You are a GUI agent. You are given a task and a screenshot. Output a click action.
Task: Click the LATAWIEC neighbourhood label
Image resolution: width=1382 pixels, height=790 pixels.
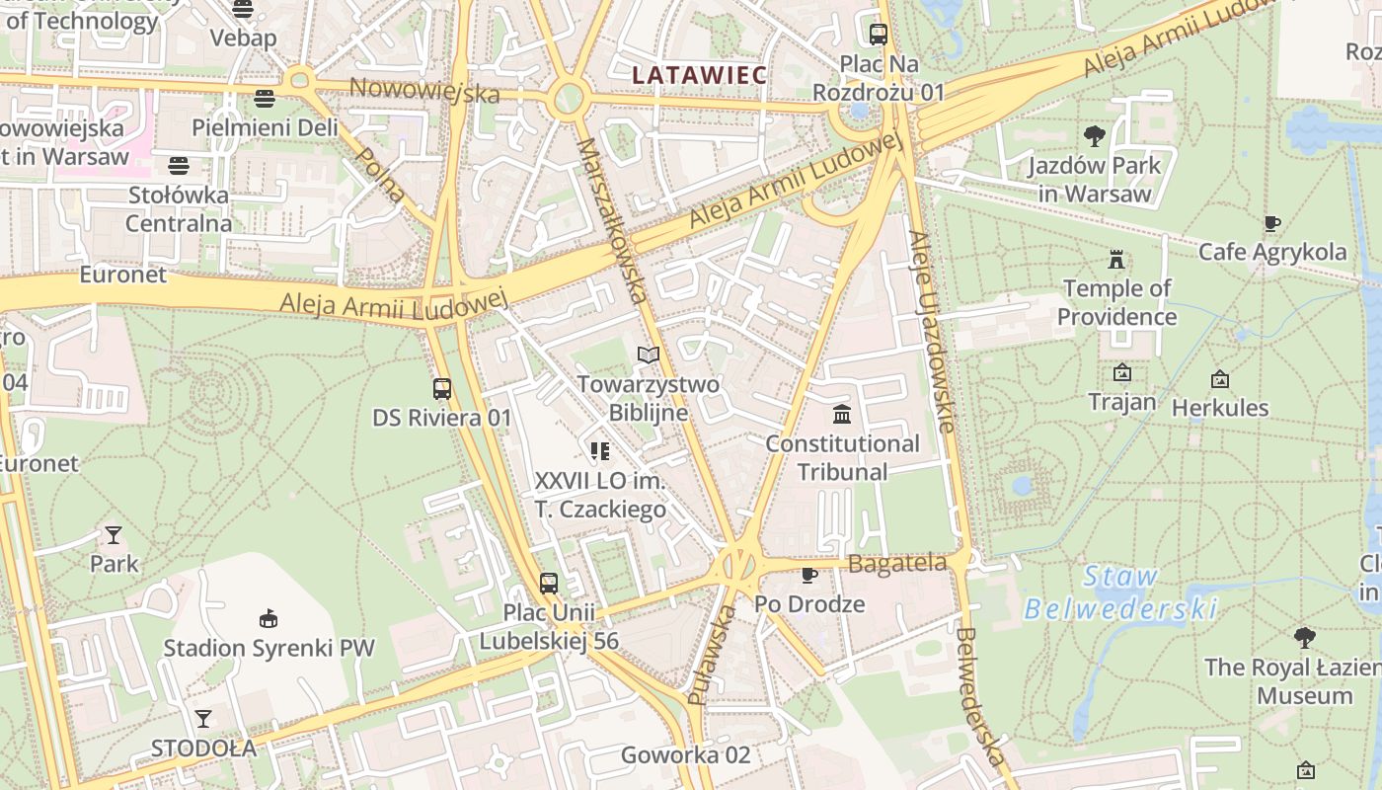(699, 75)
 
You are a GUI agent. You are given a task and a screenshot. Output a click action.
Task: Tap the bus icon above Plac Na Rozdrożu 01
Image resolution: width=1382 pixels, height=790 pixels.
(878, 35)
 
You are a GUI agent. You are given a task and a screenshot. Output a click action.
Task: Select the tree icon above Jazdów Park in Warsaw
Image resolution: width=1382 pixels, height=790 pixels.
(1094, 136)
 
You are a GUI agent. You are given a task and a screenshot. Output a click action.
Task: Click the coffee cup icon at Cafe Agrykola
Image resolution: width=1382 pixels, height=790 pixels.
(1271, 224)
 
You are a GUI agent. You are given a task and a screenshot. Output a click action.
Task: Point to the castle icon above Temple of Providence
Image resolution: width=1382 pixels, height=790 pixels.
(1116, 260)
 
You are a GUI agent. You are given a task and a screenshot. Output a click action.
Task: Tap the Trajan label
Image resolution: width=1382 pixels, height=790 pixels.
(1121, 402)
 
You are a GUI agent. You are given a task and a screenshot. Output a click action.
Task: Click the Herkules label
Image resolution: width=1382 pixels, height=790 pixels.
(1220, 407)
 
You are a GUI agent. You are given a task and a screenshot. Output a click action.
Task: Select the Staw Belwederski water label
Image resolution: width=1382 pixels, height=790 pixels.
(1120, 592)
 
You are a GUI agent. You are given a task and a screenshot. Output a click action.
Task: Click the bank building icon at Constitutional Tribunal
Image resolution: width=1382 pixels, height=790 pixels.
(841, 414)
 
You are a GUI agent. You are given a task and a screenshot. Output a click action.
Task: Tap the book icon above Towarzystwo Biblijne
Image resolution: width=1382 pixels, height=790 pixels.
(648, 355)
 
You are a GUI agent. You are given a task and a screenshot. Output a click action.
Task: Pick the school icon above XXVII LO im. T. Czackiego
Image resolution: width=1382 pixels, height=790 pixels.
(599, 451)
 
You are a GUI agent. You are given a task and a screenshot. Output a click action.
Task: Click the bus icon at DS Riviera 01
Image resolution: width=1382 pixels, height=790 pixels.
(442, 389)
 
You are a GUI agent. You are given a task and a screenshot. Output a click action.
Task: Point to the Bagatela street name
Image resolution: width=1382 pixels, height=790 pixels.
(897, 564)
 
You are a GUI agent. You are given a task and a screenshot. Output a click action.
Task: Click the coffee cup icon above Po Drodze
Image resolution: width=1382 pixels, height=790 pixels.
(809, 575)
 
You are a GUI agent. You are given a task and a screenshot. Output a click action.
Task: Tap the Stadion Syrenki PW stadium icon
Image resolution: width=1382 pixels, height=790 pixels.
(268, 619)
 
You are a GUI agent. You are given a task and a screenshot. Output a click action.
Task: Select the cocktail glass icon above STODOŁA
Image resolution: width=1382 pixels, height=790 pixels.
(203, 718)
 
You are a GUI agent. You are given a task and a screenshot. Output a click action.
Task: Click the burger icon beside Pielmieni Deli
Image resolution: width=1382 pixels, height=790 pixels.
(264, 99)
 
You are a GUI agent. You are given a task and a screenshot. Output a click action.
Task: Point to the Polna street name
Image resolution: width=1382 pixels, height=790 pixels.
(380, 175)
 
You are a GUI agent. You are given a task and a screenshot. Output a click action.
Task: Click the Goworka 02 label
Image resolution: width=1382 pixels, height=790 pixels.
(685, 755)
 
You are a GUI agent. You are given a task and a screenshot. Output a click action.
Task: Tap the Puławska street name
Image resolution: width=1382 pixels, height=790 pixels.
(711, 655)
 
